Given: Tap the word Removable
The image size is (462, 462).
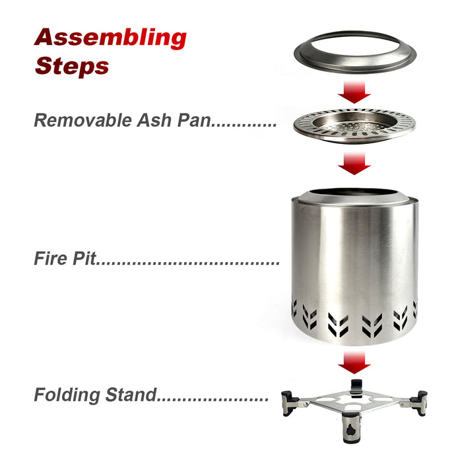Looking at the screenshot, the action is pos(82,120).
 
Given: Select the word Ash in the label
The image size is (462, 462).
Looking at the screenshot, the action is pos(154,120).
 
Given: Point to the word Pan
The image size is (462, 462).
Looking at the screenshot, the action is pos(194,120).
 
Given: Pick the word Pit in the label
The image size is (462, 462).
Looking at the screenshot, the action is pos(84,258).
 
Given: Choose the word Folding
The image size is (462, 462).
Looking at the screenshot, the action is pos(67,395).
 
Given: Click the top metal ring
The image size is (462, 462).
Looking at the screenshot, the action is pos(355,67).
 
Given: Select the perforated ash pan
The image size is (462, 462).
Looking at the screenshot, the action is pos(354,125).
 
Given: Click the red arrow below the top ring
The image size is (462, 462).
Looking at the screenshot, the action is pos(354,92).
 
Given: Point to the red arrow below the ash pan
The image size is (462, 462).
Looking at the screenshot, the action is pos(354,164).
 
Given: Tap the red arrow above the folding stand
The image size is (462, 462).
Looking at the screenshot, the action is pos(354,362).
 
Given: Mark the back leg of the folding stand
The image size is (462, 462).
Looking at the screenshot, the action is pos(356,388).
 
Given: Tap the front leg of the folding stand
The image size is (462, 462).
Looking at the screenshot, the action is pos(351,428).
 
